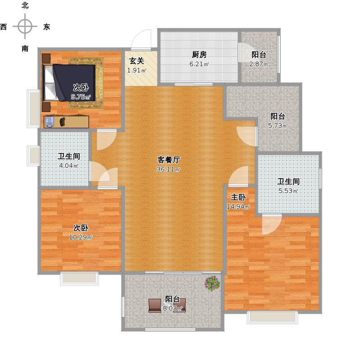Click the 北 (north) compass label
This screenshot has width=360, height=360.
[x=25, y=5]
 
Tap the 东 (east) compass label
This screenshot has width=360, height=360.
[x=47, y=27]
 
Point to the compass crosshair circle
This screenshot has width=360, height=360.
[x=25, y=27]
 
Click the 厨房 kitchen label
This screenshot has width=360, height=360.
[x=199, y=54]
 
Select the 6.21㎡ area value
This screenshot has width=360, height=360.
[x=199, y=64]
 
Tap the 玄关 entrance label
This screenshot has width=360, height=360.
[x=137, y=61]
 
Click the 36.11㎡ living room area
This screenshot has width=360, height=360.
[x=168, y=170]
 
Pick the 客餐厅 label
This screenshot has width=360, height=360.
[x=169, y=160]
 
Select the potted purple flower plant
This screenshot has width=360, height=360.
[x=212, y=283]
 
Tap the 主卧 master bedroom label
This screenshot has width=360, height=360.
[x=238, y=197]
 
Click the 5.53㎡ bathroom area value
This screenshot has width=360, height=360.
[x=288, y=191]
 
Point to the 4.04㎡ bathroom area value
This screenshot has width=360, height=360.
[x=69, y=166]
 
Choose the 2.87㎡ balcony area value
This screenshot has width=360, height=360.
[x=259, y=64]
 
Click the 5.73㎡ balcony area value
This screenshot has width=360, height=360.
[x=278, y=126]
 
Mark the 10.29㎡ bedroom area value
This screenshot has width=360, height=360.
[x=81, y=237]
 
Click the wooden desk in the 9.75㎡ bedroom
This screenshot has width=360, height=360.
[x=66, y=121]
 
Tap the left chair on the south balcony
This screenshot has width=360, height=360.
[x=155, y=306]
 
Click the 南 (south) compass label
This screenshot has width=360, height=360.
[x=25, y=49]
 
